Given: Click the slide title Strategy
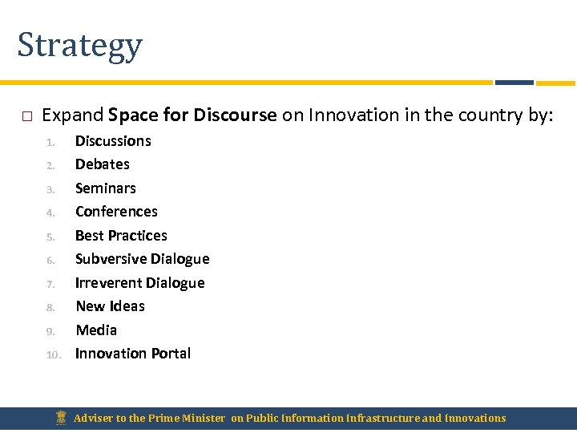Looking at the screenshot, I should tap(79, 45).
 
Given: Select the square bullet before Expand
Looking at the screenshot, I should tap(26, 116).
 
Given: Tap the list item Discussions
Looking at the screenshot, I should tap(113, 141).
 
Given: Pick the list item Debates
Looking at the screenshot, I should tap(102, 164).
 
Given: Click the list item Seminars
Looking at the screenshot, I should tap(105, 188).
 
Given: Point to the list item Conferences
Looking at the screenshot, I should tap(116, 212).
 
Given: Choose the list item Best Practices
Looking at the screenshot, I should tap(121, 236).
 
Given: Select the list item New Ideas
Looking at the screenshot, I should tap(110, 306).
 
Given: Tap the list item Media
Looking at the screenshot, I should tap(96, 330).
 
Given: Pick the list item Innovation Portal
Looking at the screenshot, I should tap(133, 354).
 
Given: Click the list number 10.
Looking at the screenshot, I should tap(53, 354).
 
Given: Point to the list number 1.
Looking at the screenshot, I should tap(50, 143).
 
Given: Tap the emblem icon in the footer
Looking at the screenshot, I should tap(62, 418).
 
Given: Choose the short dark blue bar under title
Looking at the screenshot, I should tap(514, 83).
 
